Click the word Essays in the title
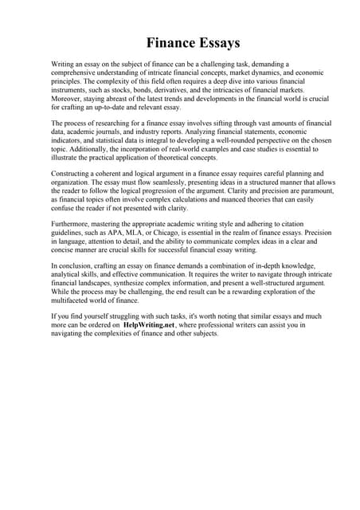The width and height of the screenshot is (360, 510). click(x=215, y=42)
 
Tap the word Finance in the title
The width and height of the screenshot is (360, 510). click(x=170, y=42)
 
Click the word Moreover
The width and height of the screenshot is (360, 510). click(x=68, y=99)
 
